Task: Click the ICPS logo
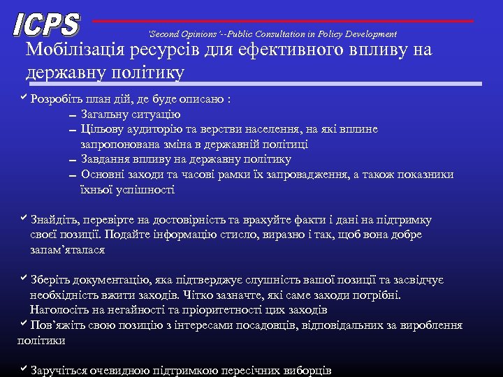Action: tap(46, 24)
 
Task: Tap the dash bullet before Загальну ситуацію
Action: tap(72, 115)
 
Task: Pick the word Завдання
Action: tap(105, 159)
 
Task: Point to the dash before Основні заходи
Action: tap(72, 175)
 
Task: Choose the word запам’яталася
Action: tap(67, 250)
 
